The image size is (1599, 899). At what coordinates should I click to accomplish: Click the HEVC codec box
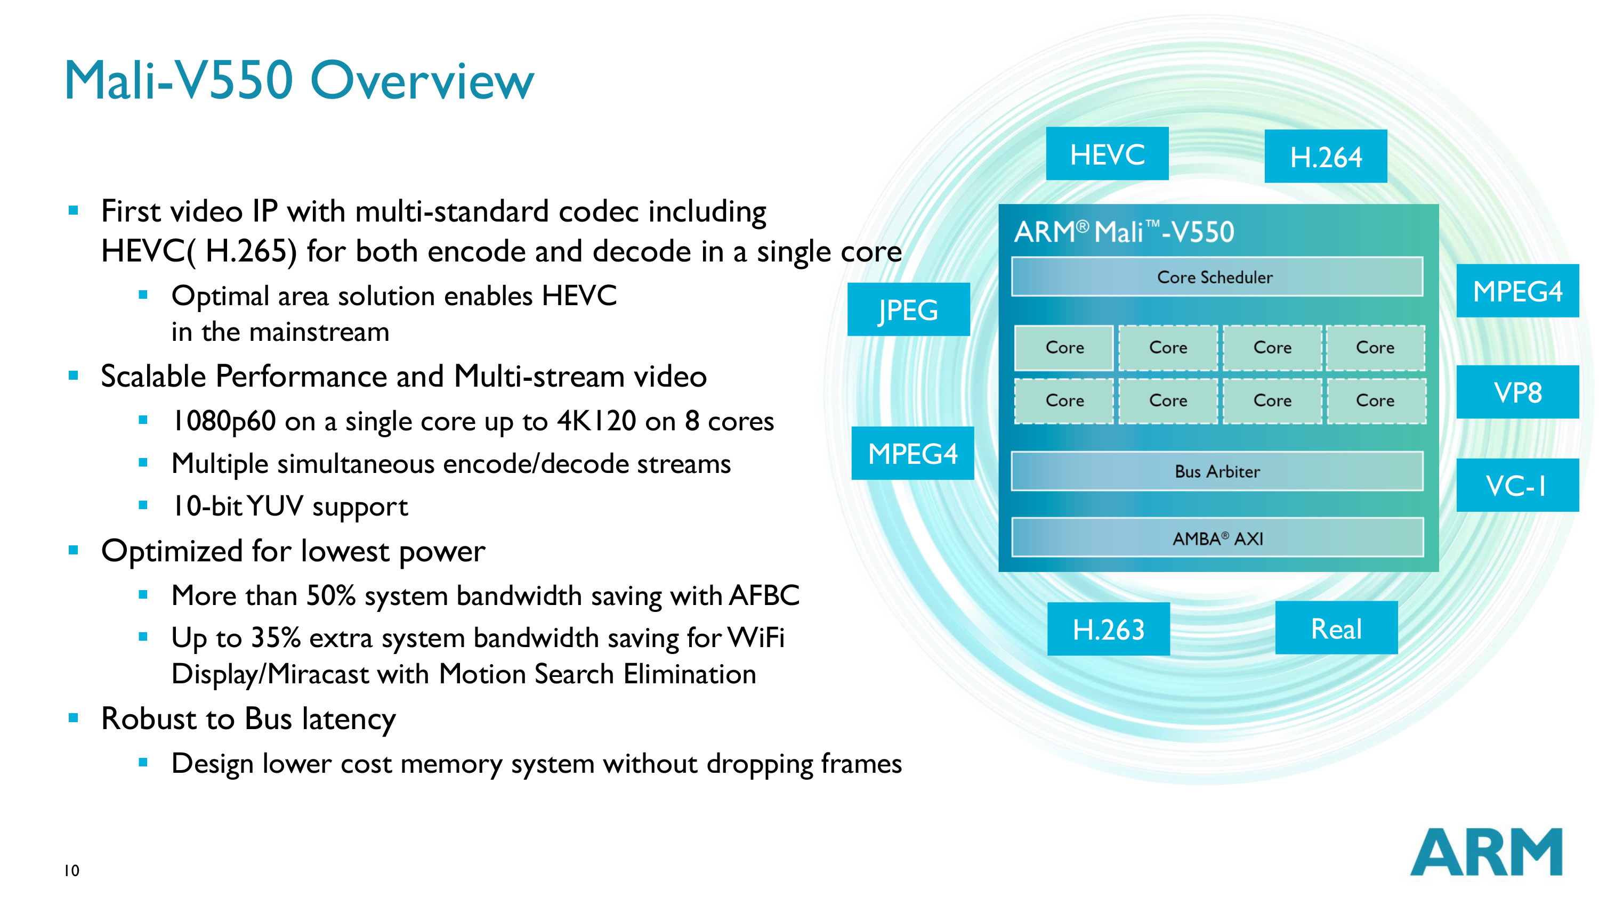point(1107,154)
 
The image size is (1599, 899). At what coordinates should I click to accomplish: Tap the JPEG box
point(908,309)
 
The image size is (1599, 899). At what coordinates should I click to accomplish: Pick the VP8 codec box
point(1517,392)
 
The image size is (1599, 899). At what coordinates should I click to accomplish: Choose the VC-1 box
point(1517,485)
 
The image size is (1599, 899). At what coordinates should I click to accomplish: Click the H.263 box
point(1108,629)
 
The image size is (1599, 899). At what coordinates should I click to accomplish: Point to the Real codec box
point(1336,628)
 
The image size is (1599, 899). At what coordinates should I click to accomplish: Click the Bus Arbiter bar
point(1217,471)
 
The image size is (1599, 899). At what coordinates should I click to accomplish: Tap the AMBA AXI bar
point(1217,538)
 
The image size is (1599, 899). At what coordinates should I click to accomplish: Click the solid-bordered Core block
point(1064,347)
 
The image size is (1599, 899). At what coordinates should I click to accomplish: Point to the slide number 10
point(71,870)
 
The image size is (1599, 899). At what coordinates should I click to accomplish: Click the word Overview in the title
point(422,80)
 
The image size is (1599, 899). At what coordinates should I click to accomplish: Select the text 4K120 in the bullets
point(596,421)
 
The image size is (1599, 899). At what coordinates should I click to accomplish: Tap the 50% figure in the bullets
point(331,595)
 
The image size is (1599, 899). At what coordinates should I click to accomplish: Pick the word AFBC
point(764,595)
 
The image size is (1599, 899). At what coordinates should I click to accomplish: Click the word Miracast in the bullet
point(318,674)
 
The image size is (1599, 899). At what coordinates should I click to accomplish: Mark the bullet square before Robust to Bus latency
point(73,718)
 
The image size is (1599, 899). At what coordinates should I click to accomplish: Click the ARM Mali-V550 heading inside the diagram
point(1124,232)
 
